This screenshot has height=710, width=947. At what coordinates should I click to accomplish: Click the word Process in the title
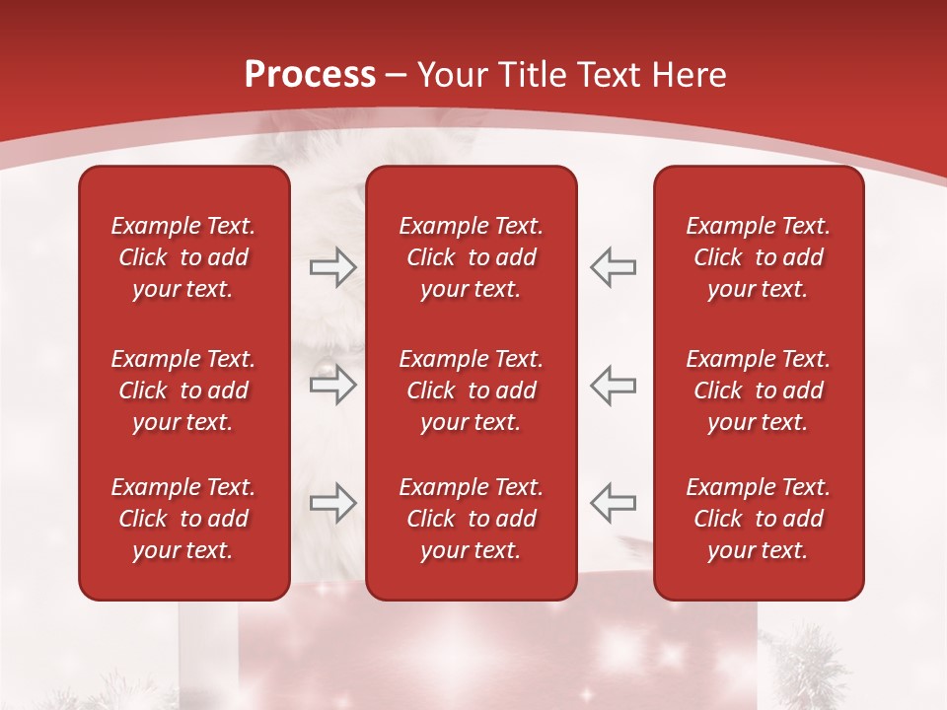(310, 75)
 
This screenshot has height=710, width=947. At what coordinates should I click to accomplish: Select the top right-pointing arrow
(332, 267)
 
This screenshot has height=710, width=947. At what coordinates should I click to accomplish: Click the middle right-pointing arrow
(332, 385)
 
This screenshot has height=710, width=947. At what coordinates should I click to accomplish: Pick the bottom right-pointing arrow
(332, 503)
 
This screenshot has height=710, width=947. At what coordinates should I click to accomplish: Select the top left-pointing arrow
(613, 267)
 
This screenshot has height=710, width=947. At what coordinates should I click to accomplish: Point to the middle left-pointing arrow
(613, 385)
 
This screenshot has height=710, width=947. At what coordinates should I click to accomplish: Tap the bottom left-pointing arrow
(613, 503)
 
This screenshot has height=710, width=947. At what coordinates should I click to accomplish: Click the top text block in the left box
(183, 257)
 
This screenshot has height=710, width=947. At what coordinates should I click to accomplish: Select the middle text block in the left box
(183, 390)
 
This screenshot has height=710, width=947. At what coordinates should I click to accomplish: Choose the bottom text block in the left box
(183, 519)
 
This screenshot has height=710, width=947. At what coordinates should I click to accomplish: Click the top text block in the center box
(471, 257)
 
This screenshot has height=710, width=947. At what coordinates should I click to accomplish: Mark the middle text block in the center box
(471, 390)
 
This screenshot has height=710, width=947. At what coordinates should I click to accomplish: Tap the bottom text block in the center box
(471, 519)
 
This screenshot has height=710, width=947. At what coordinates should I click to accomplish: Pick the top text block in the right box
(758, 257)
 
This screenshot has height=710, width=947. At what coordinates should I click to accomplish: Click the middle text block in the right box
(758, 390)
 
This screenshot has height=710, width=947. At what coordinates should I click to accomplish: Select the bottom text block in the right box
(758, 519)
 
